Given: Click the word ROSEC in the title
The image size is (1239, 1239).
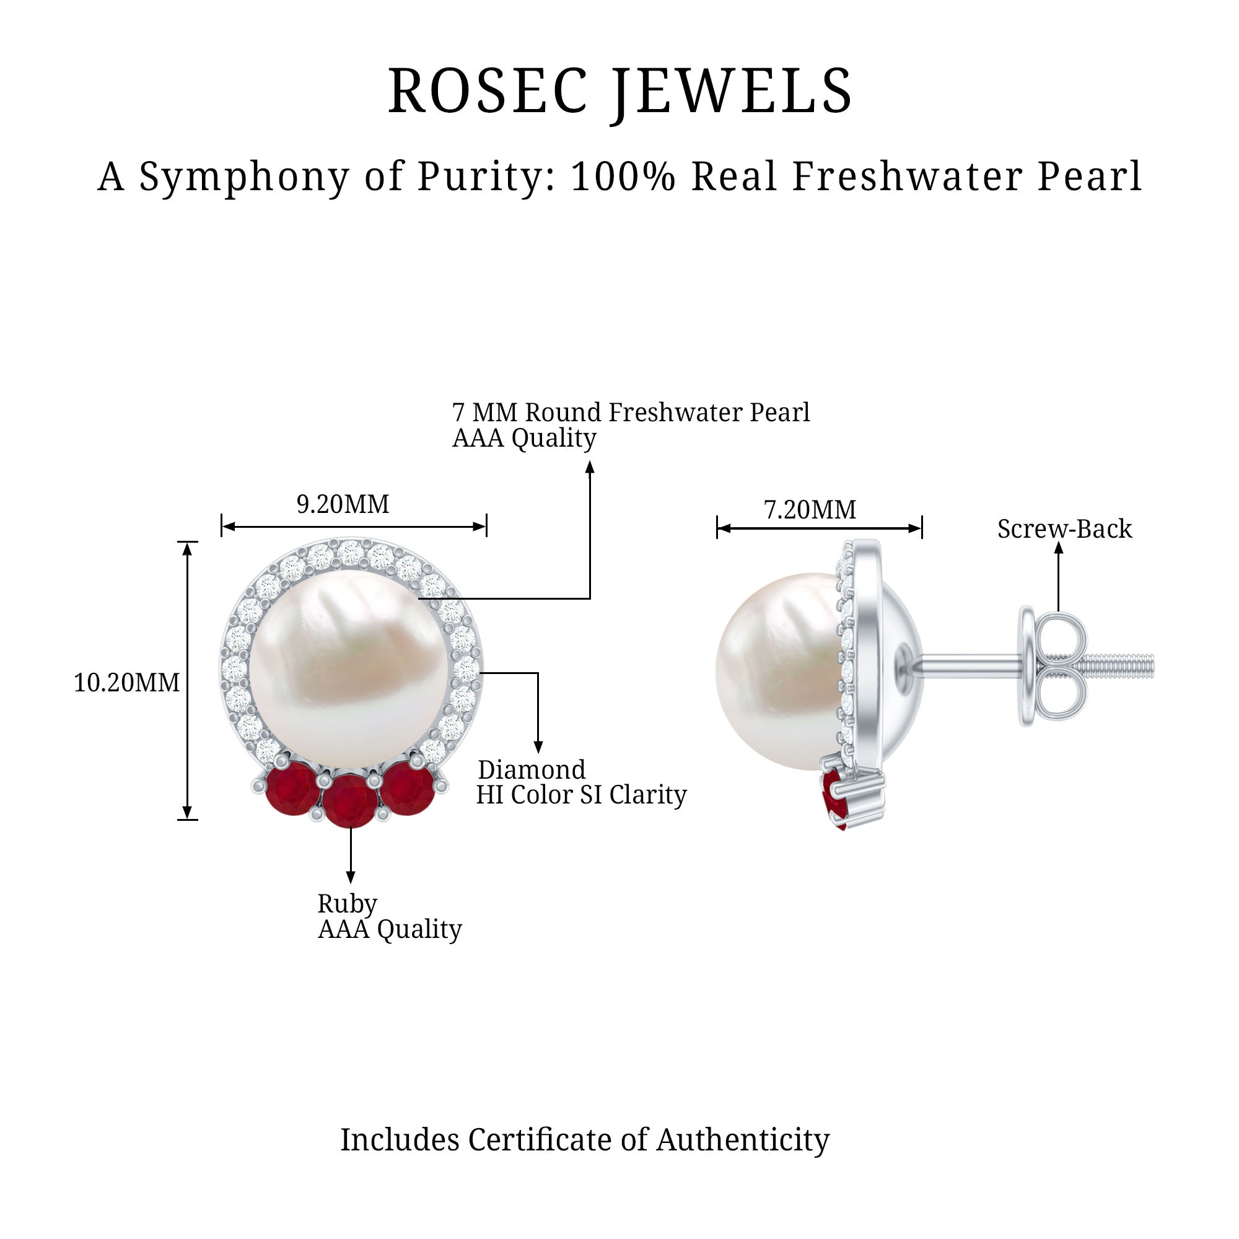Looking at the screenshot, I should [x=488, y=91].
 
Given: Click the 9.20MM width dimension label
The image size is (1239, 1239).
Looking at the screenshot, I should [x=343, y=504].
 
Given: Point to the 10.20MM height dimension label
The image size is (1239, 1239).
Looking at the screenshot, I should [x=126, y=682].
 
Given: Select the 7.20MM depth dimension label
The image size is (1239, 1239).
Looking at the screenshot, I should [x=809, y=510].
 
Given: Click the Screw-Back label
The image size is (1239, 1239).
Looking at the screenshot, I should [x=1064, y=529].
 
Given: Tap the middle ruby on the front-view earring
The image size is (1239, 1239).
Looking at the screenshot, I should [x=349, y=801].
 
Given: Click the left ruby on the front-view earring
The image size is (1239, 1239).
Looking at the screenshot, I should [x=292, y=790].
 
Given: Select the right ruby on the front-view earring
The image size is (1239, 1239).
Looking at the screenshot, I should [x=407, y=790].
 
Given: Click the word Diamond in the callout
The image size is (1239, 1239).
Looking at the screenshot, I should [x=532, y=769].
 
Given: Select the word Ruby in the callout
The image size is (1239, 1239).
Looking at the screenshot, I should [x=347, y=904].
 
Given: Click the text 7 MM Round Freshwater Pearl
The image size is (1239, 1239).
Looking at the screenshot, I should [x=631, y=413].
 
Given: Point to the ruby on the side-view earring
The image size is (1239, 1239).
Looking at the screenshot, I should [x=835, y=799].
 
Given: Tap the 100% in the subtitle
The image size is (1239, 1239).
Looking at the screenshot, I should [x=623, y=177].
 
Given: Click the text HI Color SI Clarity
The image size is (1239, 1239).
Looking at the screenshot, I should [x=581, y=795].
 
